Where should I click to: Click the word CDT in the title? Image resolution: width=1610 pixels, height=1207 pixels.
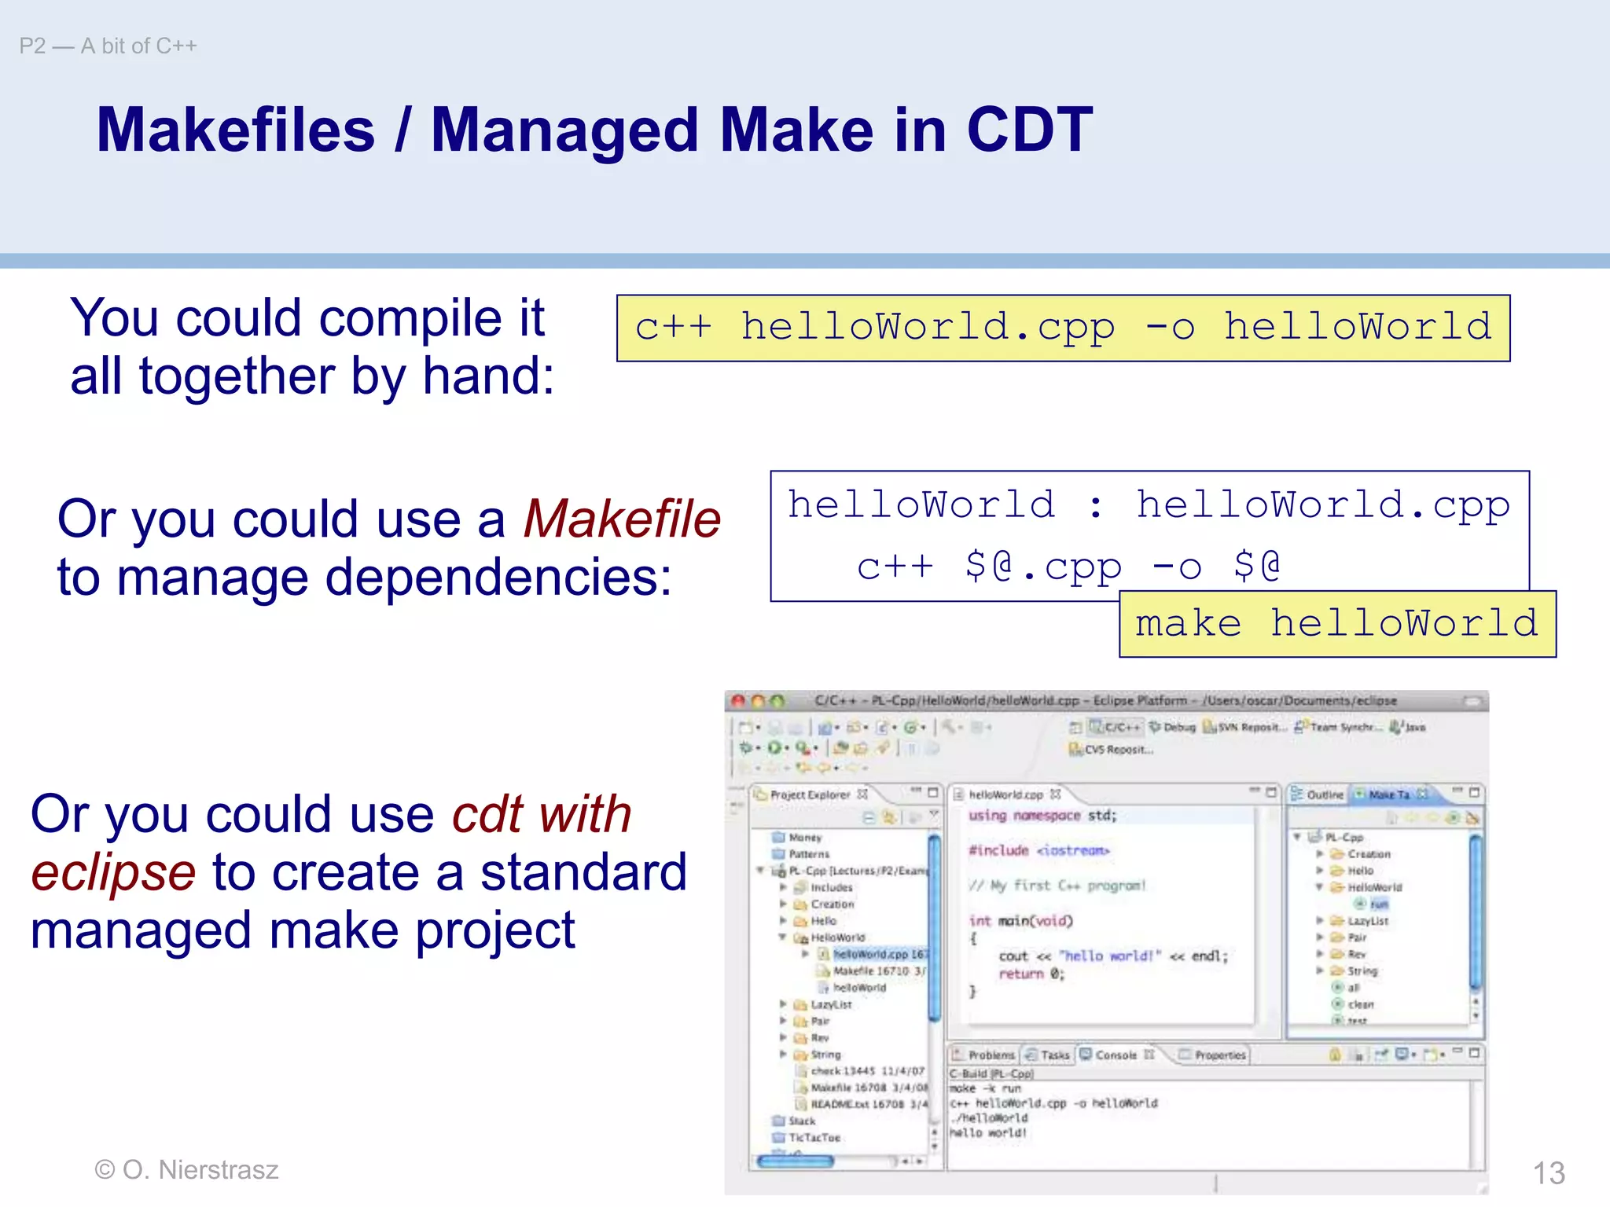point(1029,130)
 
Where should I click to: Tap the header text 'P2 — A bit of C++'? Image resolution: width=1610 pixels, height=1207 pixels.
point(108,46)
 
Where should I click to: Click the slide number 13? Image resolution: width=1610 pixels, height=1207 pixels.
point(1548,1173)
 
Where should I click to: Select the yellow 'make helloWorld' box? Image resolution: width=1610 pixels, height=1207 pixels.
point(1336,624)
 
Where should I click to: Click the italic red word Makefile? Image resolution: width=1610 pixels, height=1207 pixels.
point(622,519)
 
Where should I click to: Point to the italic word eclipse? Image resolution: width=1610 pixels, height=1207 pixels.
point(113,873)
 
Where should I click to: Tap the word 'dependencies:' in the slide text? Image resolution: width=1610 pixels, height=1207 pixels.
point(498,578)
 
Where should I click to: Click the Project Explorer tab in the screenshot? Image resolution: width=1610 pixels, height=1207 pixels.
point(810,794)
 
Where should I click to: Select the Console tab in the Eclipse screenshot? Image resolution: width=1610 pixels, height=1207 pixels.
point(1115,1055)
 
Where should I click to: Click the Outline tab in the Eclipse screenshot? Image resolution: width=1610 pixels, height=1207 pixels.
point(1324,794)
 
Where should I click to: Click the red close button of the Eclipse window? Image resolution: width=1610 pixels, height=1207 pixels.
point(737,700)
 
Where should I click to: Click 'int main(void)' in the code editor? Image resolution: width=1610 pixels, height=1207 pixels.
point(1020,920)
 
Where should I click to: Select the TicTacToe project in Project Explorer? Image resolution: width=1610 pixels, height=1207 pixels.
point(814,1137)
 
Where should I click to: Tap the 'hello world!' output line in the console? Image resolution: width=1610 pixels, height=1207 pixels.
point(988,1132)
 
